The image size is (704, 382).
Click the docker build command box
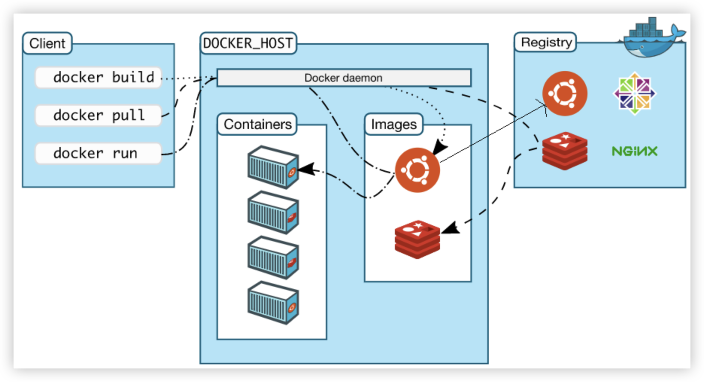99,77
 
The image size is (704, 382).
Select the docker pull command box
99,115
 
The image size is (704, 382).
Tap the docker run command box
99,153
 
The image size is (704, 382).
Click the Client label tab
47,43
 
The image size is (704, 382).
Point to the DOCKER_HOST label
248,43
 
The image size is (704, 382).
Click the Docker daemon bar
344,78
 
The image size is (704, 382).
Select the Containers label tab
258,124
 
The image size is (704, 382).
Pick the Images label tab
394,124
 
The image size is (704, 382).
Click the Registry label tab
546,42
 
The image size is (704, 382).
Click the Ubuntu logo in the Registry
564,94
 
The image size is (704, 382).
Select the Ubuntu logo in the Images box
417,170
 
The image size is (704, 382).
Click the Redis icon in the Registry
564,151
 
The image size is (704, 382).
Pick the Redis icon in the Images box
417,240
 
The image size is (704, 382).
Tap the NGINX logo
635,151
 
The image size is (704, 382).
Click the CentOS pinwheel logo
635,93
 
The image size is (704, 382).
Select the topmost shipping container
273,167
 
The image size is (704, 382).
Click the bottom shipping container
273,302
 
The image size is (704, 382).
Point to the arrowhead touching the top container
306,169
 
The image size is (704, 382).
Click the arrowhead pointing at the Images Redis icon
451,228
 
